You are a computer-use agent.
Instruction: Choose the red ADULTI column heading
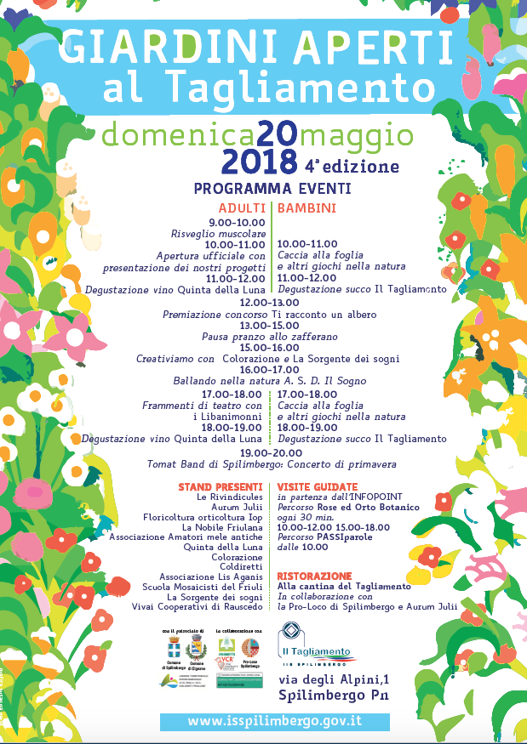pos(242,207)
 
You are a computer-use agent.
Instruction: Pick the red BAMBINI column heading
pos(306,207)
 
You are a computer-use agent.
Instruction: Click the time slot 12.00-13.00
pos(269,302)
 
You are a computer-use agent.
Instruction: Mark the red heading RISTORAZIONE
pos(314,576)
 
